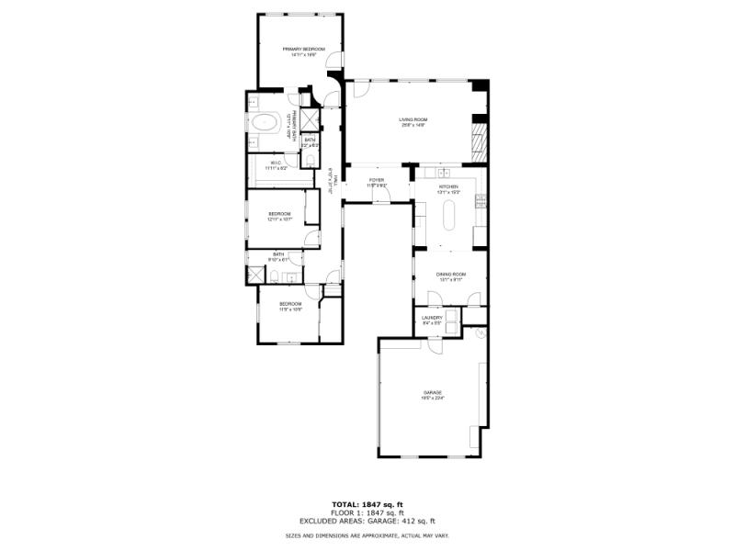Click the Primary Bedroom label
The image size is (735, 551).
pos(300,51)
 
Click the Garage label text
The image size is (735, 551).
pos(433,395)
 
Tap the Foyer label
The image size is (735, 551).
pos(377,182)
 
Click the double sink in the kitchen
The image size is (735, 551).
pos(446,172)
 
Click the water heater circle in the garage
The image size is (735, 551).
pos(478,333)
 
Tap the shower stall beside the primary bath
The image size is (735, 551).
pos(311,120)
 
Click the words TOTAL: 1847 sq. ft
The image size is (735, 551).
pos(367,504)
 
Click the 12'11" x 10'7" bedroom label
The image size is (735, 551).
pos(279,217)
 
